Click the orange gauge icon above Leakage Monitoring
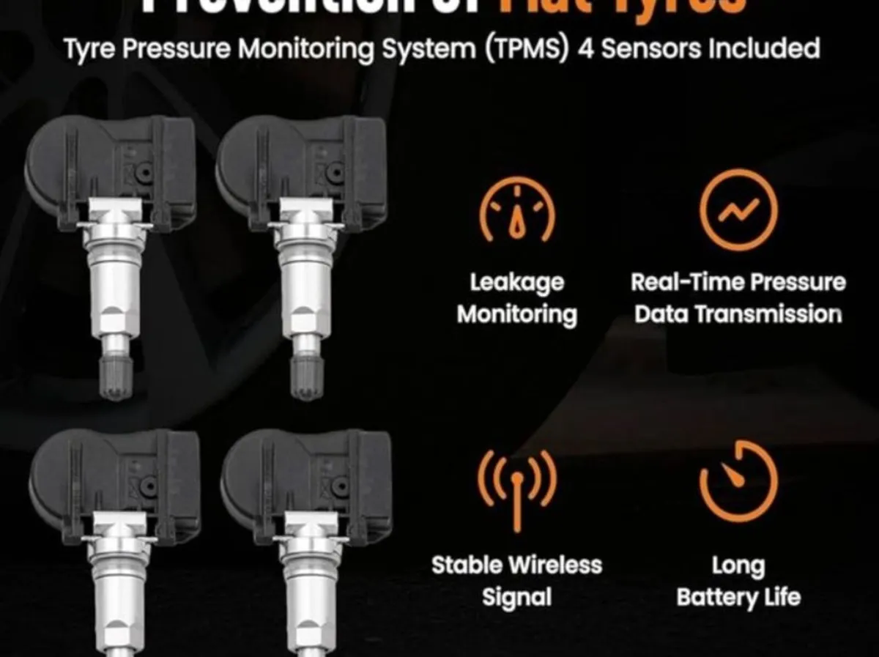(517, 213)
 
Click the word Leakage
(517, 283)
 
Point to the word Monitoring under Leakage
(517, 314)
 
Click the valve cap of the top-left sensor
(116, 376)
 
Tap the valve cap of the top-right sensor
(307, 376)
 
